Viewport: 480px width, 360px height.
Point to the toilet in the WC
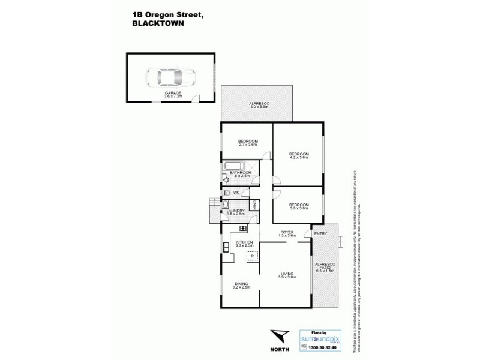click(225, 193)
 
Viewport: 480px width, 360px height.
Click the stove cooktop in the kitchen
click(242, 229)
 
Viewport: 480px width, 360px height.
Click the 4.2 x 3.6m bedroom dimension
click(298, 158)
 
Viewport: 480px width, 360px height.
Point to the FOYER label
click(288, 231)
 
